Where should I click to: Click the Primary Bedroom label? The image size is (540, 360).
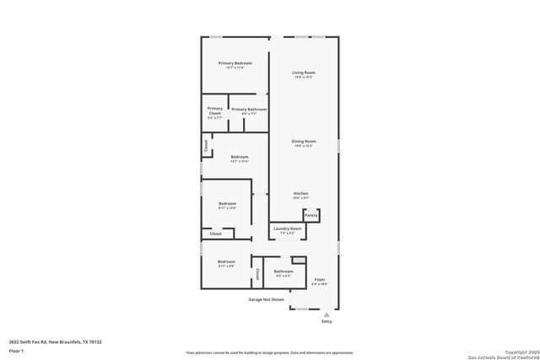235,64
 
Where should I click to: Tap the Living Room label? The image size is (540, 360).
304,73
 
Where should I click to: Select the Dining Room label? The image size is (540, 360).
304,142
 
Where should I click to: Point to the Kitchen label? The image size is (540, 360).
301,194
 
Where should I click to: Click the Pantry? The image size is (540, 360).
311,215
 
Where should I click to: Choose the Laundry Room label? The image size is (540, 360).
287,228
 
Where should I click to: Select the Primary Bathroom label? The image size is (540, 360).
249,110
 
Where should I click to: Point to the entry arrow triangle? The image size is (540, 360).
327,314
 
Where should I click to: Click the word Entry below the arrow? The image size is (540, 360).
327,321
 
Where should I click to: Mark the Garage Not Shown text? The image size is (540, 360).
266,299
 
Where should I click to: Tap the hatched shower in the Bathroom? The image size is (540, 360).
297,261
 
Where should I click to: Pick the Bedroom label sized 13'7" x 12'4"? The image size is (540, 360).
240,157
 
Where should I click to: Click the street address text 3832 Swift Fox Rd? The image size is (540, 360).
56,342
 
